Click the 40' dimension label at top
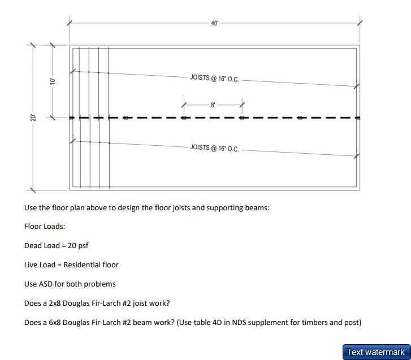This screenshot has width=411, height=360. [x=214, y=23]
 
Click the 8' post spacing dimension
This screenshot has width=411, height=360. [x=213, y=105]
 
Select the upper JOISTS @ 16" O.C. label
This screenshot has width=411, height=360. [x=214, y=78]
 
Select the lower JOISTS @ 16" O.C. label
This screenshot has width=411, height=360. [x=214, y=148]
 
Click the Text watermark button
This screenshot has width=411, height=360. [x=376, y=352]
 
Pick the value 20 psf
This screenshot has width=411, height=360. [x=78, y=246]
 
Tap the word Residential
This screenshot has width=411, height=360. [x=83, y=264]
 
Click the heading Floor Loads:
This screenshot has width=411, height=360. [x=45, y=227]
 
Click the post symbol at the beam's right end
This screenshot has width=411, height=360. [x=358, y=118]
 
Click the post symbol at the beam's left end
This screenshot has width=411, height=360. [x=71, y=118]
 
